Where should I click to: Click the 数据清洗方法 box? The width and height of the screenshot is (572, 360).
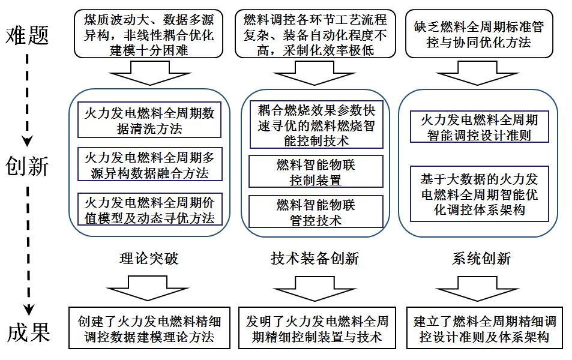[150, 120]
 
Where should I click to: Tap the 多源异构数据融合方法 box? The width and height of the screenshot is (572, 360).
[150, 165]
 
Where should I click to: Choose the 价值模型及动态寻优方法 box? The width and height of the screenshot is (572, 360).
[150, 209]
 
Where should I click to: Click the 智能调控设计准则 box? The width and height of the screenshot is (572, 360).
[478, 127]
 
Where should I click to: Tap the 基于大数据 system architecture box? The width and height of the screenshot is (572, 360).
[478, 194]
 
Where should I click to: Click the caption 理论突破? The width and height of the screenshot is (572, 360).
[149, 259]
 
